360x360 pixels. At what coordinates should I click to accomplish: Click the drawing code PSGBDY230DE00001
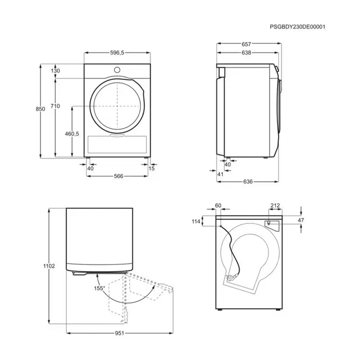297,26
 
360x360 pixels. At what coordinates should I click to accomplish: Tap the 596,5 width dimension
117,53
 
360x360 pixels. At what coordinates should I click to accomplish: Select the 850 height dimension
40,109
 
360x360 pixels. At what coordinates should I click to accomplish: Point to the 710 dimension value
55,106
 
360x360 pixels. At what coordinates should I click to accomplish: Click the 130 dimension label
55,71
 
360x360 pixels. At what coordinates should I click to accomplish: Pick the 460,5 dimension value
72,133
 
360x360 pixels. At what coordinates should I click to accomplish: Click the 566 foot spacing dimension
119,176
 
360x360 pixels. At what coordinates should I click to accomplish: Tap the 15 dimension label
152,168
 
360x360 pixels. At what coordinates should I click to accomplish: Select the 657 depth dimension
246,44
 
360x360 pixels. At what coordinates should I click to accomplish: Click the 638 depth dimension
246,53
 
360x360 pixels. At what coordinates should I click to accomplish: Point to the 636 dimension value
248,181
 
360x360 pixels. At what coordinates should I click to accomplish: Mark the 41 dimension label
220,174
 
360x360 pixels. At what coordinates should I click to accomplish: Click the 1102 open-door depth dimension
49,266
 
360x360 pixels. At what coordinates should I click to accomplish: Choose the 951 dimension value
120,333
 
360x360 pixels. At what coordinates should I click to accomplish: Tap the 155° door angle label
99,288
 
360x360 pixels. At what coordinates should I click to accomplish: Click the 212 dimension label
275,205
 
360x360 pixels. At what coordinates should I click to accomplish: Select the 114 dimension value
196,221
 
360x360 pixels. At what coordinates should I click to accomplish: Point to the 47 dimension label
301,220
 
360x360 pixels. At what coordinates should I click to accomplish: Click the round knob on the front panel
117,70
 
